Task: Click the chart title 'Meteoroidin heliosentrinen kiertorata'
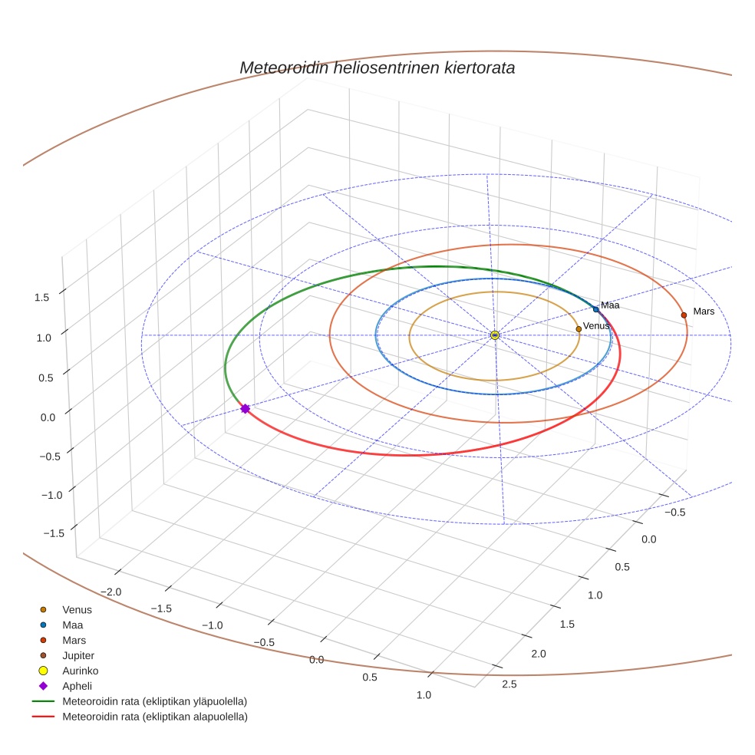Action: (x=377, y=68)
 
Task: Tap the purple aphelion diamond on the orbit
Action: (x=246, y=409)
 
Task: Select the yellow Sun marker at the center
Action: (x=495, y=335)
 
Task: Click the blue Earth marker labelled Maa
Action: (x=596, y=309)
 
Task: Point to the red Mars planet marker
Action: (x=684, y=315)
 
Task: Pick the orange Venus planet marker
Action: (x=579, y=329)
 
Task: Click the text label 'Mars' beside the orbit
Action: (x=704, y=312)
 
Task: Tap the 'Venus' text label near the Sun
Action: (x=596, y=326)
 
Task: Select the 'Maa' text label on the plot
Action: (x=610, y=305)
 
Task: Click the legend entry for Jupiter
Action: (x=78, y=656)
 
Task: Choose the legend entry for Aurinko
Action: (x=80, y=671)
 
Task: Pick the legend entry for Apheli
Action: (x=77, y=686)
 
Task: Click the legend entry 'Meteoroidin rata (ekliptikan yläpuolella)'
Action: (x=154, y=701)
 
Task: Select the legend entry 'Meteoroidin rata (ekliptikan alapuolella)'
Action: (x=154, y=717)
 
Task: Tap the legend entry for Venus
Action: (x=77, y=610)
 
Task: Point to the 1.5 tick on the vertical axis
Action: (x=43, y=297)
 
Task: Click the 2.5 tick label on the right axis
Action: (x=509, y=684)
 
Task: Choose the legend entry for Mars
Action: (x=74, y=640)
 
